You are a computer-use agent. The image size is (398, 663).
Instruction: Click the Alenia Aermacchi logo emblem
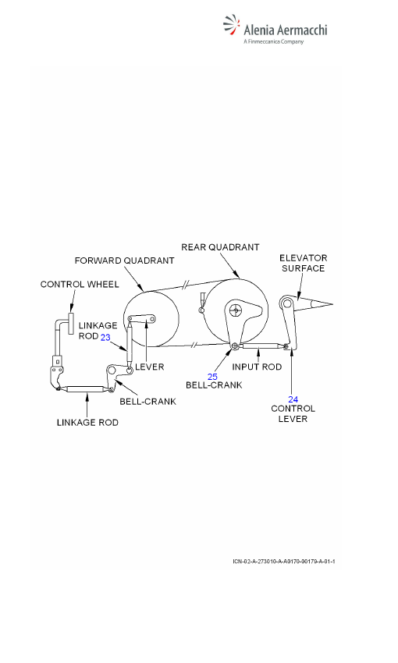coord(231,25)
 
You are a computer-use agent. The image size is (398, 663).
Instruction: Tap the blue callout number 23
coord(105,337)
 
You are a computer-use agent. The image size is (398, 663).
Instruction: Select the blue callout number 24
coord(293,399)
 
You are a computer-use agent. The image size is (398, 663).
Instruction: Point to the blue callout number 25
coord(212,376)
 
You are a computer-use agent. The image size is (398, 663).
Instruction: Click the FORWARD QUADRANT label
coord(124,261)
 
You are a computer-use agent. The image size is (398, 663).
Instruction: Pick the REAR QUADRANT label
coord(220,247)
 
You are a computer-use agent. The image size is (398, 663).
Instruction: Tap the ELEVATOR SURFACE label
coord(304,263)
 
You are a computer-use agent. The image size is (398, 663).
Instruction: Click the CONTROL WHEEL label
coord(80,284)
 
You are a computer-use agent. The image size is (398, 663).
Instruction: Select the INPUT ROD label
coord(257,367)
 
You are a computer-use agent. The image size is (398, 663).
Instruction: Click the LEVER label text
coord(149,367)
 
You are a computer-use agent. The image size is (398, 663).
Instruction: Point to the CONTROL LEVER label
coord(293,413)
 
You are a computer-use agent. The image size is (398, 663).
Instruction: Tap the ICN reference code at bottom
coord(284,562)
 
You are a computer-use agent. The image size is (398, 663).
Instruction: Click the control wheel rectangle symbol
coord(71,324)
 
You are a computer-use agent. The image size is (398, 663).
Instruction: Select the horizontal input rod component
coord(260,346)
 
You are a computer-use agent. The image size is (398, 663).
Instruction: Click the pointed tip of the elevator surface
coord(332,303)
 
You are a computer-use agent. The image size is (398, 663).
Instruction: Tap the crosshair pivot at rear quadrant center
coord(236,310)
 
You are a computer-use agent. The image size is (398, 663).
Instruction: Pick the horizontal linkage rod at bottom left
coord(85,389)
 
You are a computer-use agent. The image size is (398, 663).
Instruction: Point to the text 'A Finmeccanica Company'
coord(274,41)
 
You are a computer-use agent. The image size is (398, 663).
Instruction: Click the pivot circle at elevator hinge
coord(287,303)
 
